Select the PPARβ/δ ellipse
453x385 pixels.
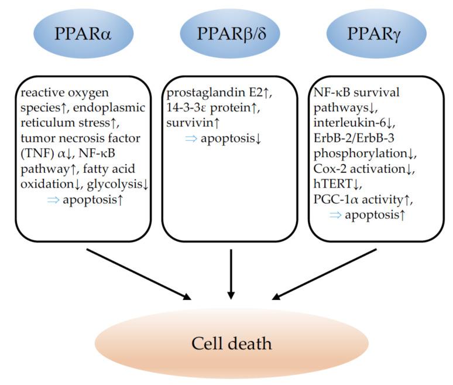coord(231,33)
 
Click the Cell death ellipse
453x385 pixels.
coord(231,343)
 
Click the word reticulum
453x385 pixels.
coord(43,124)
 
